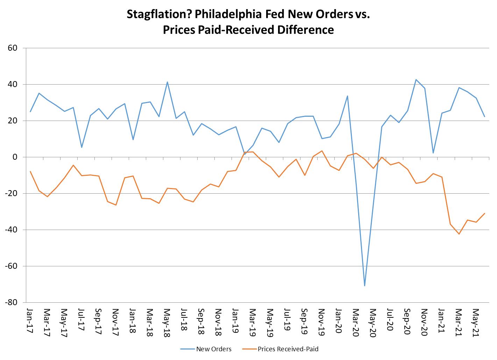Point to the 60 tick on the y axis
[x=13, y=48]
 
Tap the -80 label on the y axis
[x=11, y=302]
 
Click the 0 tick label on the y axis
[x=15, y=157]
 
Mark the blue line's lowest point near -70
[x=364, y=286]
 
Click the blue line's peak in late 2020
[x=416, y=80]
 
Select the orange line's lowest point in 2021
[x=459, y=234]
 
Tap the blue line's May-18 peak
[x=167, y=82]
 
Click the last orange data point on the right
[x=484, y=213]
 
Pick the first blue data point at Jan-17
[x=30, y=111]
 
